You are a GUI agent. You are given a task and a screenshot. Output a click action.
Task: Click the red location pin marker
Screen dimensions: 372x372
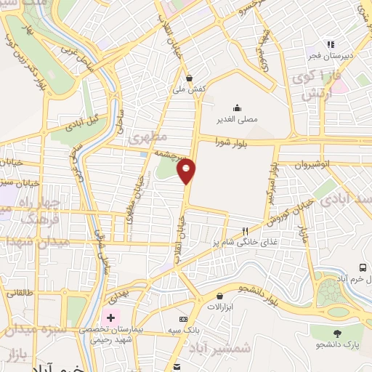(x=187, y=171)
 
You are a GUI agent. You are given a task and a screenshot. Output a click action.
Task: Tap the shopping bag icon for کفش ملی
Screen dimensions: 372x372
(x=190, y=78)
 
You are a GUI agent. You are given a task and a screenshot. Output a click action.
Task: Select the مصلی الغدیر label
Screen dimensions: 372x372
(x=237, y=118)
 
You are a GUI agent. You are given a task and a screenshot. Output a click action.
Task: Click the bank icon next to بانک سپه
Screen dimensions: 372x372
(x=183, y=319)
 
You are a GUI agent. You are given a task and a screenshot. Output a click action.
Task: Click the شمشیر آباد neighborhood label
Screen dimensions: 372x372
(x=224, y=347)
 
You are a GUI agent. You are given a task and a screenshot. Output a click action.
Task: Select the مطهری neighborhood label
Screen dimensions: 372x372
(x=148, y=137)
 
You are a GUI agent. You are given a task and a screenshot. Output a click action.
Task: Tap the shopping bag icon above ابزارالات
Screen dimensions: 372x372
(x=219, y=295)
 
